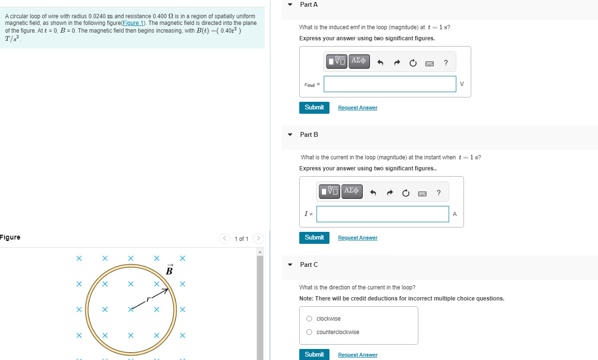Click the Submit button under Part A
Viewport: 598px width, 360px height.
tap(314, 108)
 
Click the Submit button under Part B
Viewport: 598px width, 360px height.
tap(314, 238)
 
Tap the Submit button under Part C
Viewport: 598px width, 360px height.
tap(314, 354)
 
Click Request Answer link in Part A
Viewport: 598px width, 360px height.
tap(357, 108)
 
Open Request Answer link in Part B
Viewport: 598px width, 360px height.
tap(357, 238)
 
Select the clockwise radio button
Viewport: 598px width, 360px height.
tap(309, 319)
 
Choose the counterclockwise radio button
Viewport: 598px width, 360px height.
tap(309, 332)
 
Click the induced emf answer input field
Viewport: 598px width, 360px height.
tap(390, 84)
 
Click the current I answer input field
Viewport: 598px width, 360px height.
tap(382, 214)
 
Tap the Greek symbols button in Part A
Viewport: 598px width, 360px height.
tap(359, 61)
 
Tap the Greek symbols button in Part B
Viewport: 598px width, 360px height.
tap(352, 191)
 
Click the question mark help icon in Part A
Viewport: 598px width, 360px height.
tap(446, 62)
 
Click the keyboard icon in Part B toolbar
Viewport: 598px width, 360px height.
tap(422, 193)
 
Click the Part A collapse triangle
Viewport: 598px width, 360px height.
tap(290, 5)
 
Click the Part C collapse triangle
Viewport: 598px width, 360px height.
tap(290, 265)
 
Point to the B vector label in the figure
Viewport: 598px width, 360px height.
tap(169, 270)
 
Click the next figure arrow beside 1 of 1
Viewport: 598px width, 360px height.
tap(258, 239)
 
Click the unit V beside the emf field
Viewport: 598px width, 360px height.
tap(462, 84)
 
